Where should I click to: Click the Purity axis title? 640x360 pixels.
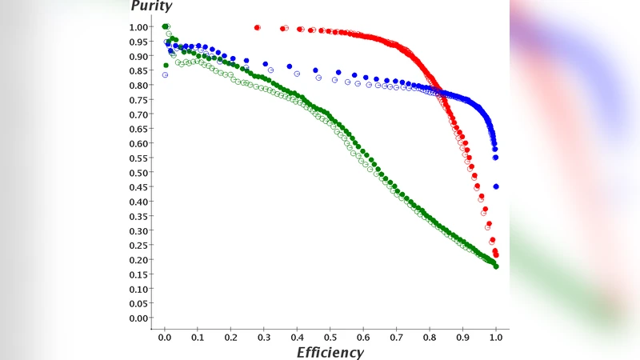point(151,6)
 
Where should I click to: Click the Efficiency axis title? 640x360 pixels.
point(330,352)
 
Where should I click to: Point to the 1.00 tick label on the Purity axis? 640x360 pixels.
point(138,27)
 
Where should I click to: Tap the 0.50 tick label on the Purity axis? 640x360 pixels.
point(138,173)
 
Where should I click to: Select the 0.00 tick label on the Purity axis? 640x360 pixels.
point(138,318)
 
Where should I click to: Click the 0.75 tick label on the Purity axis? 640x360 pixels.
point(138,100)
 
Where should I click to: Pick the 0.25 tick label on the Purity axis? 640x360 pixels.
point(138,246)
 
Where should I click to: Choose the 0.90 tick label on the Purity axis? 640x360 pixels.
point(138,56)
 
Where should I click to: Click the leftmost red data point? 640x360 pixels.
point(257,27)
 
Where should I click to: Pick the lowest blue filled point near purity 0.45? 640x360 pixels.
point(496,186)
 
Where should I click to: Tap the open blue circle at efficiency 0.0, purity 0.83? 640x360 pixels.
point(165,75)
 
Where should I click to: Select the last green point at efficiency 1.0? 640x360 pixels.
point(496,266)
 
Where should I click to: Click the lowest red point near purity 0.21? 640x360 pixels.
point(496,256)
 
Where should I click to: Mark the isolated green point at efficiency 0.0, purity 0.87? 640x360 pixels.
point(166,66)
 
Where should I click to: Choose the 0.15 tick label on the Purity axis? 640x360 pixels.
point(138,274)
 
